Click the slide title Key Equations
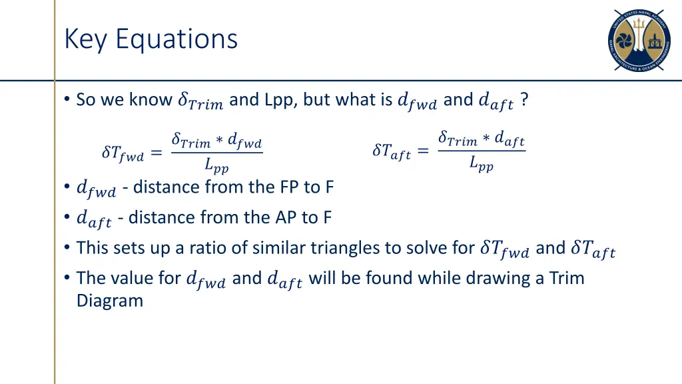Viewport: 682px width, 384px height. (x=151, y=39)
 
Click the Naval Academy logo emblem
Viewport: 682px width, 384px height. (x=639, y=41)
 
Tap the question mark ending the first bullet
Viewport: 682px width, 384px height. (x=525, y=100)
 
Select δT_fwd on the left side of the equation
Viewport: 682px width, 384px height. (x=122, y=154)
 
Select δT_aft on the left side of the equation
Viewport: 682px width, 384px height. (x=391, y=152)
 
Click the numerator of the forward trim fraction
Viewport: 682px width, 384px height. (x=216, y=141)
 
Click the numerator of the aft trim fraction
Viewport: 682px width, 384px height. (x=481, y=139)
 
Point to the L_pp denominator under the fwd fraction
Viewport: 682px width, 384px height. (x=216, y=165)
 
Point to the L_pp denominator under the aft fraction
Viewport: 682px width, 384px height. (x=481, y=163)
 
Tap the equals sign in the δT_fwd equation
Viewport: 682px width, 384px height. (x=156, y=153)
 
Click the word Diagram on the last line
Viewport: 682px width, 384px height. (x=109, y=301)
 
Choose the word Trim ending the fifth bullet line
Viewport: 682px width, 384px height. (x=566, y=277)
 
